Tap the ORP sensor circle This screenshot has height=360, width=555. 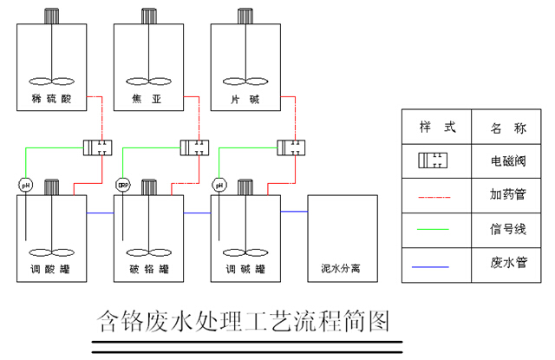coord(121,185)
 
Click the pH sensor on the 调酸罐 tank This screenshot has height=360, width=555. coord(24,185)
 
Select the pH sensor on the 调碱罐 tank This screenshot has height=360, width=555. coord(219,185)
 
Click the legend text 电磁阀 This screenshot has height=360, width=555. coord(507,161)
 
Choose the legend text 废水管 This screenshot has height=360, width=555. coord(507,263)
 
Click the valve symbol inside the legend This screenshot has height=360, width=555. coord(434,161)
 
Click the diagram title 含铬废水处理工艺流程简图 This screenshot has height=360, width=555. coord(243,322)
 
